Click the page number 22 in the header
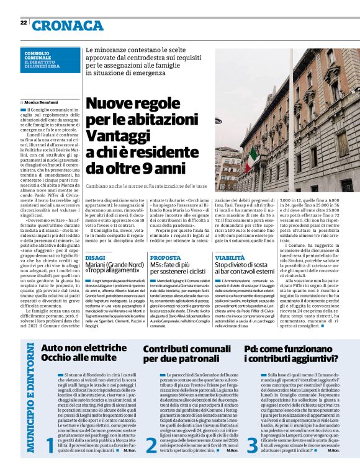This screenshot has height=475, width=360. pos(23,22)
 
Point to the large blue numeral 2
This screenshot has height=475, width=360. pos(151,446)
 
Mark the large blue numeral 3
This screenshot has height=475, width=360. pos(252,446)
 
